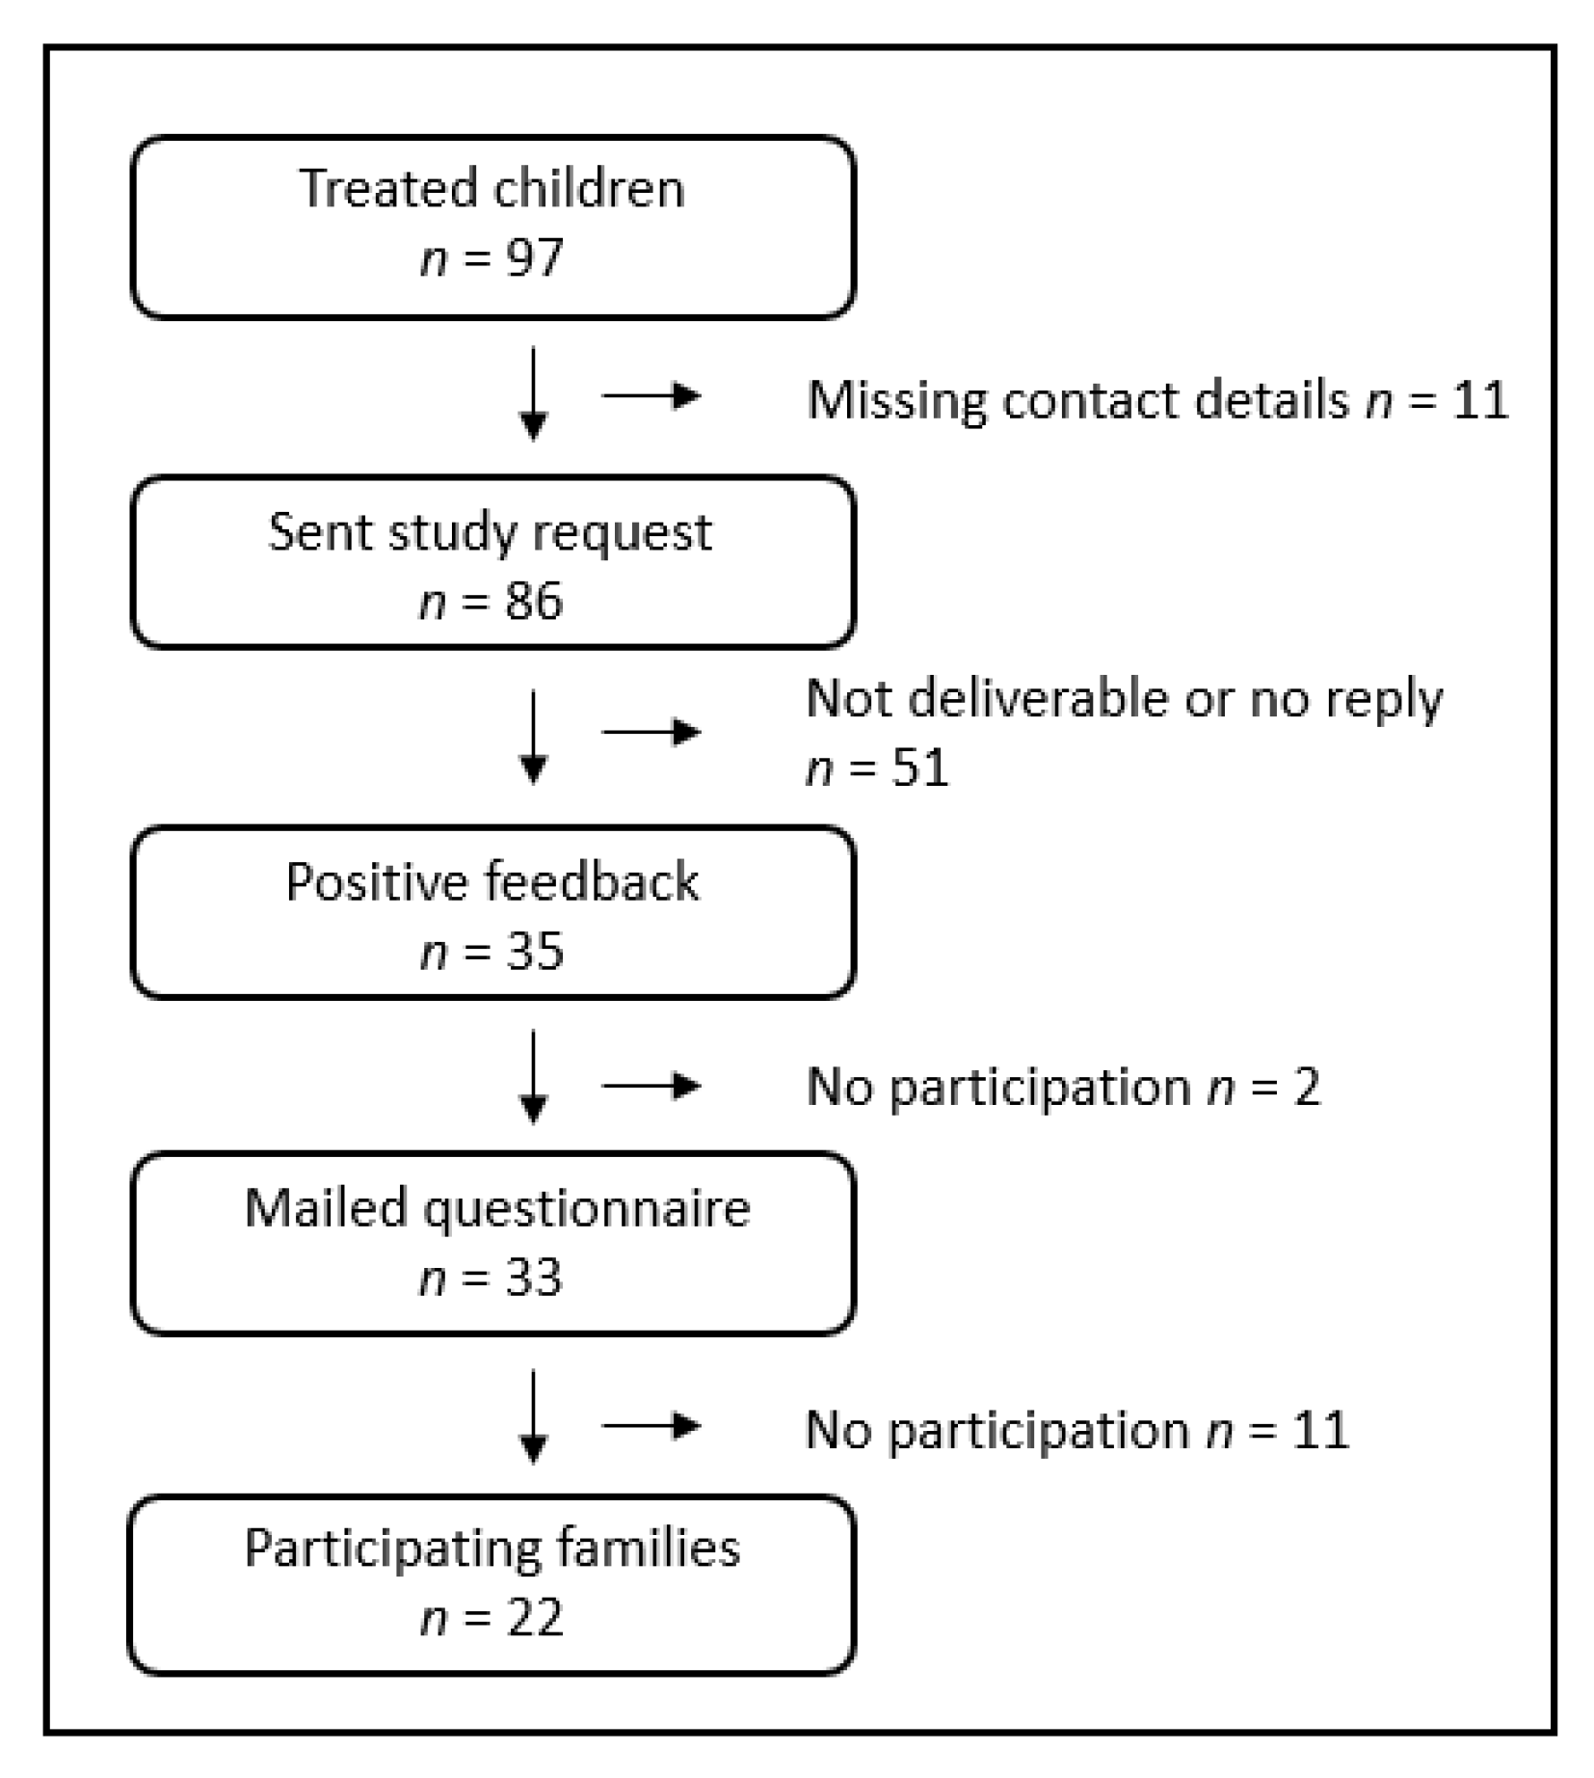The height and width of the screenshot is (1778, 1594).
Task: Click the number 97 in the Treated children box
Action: click(533, 258)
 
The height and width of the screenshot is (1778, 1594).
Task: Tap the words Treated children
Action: click(491, 188)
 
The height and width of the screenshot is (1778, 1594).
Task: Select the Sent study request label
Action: click(490, 531)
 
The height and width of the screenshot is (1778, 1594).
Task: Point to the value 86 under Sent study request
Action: click(533, 602)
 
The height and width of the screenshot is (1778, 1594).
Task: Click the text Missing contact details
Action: click(1077, 399)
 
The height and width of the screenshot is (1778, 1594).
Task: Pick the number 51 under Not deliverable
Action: click(920, 768)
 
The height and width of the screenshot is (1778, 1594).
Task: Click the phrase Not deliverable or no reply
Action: click(1124, 698)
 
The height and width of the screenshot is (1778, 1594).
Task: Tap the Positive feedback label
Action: click(491, 881)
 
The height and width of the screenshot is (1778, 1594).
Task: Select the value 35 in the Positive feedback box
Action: click(533, 952)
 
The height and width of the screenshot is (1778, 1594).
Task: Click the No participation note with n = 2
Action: click(1062, 1088)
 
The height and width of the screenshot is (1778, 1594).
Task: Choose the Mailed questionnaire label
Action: click(496, 1208)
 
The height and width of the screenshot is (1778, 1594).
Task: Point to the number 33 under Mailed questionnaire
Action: click(533, 1279)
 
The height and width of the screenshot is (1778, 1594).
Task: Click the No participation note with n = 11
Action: click(1076, 1430)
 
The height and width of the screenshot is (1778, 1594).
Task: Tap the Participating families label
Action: click(491, 1549)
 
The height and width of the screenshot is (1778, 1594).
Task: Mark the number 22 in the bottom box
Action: click(533, 1618)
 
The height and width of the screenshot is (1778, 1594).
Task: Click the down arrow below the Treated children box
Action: click(533, 394)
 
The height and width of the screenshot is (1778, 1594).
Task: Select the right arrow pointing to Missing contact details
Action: click(651, 395)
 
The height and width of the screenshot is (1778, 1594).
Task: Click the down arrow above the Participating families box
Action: click(533, 1418)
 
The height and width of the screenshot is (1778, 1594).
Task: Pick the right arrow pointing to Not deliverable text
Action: click(651, 732)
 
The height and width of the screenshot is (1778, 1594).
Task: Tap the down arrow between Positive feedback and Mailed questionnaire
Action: click(533, 1077)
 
